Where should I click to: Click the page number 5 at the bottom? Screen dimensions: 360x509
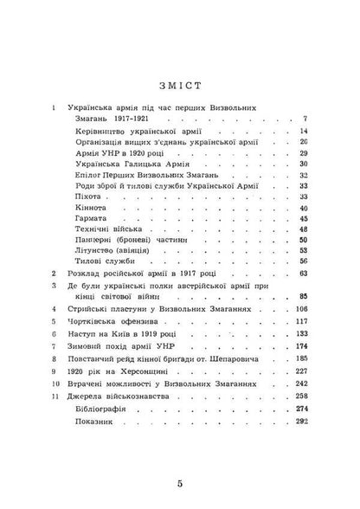(178, 482)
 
